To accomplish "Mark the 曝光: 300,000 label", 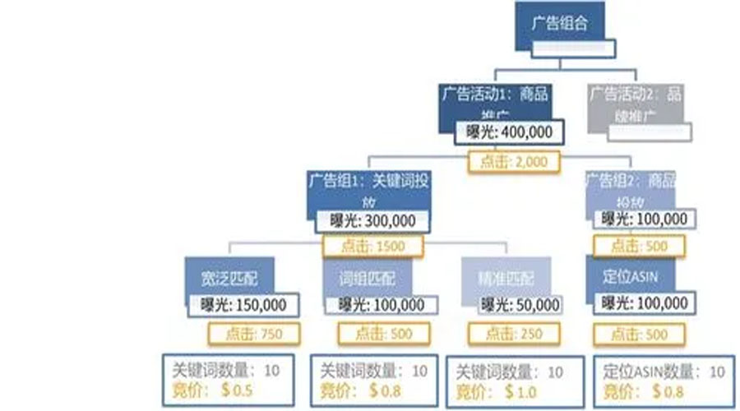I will point(372,220).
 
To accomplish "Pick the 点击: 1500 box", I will point(373,246).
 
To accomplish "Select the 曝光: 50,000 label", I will point(515,305).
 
